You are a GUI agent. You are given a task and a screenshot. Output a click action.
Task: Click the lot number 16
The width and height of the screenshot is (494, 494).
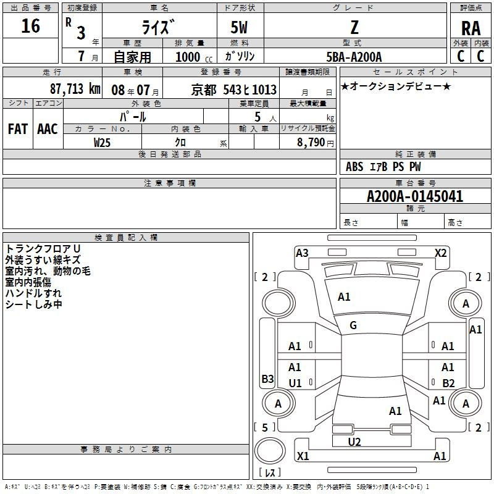coord(30,26)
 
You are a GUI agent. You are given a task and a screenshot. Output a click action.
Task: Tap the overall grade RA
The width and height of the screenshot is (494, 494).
coord(471,28)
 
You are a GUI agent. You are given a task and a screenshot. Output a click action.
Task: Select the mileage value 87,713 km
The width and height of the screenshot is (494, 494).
coord(75,89)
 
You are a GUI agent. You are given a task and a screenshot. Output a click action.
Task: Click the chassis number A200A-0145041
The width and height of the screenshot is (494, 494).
coord(415,196)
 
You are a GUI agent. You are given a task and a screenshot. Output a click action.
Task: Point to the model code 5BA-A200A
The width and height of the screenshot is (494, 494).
coord(354,57)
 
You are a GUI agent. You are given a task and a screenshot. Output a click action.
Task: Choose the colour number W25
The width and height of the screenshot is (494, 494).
coord(102,143)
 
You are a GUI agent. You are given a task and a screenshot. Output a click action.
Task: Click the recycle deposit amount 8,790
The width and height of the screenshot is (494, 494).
coord(311,142)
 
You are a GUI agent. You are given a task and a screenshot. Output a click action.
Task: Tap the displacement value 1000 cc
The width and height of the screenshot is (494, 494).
coord(194,57)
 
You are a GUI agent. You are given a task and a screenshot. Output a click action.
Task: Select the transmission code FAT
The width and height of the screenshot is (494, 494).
coord(18,128)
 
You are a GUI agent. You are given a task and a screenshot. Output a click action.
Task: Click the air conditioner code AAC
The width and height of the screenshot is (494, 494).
coord(48,128)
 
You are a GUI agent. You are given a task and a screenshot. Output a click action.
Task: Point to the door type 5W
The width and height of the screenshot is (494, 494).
coord(239,27)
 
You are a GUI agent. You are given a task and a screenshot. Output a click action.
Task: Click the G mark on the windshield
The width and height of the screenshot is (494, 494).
coord(353,325)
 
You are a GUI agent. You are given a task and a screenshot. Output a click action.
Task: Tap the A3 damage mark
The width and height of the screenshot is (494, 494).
coord(302,253)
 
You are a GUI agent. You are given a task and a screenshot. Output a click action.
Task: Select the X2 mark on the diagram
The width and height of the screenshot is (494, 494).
coord(440,253)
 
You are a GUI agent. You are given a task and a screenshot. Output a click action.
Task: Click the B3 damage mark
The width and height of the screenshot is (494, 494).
coord(267,379)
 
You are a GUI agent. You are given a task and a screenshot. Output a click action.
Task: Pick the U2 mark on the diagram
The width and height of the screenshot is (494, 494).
coord(354,442)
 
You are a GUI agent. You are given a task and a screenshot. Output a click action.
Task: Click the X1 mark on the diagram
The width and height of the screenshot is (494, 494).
coord(303,456)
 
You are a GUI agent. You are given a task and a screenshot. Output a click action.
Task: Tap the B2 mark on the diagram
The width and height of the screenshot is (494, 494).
coord(448,383)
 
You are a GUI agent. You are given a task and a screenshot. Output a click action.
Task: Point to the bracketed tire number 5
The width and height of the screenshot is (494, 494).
coord(265,427)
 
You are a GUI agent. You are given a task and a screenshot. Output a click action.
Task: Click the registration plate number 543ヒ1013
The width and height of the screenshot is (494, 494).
coord(249,90)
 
